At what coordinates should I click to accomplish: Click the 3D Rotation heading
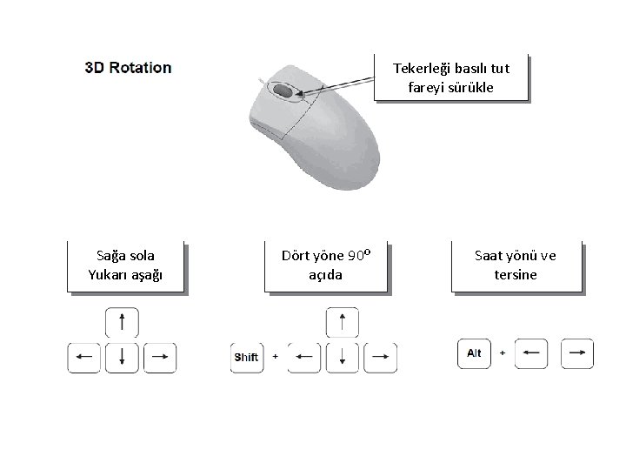tap(128, 67)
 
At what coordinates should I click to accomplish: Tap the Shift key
tap(246, 357)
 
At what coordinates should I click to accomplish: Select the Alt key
tap(474, 353)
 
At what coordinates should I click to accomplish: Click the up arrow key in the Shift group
tap(343, 322)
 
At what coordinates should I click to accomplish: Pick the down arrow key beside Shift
tap(343, 357)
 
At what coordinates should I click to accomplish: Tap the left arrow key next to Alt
tap(534, 353)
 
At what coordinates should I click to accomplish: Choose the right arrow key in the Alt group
tap(577, 353)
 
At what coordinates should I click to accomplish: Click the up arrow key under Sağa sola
tap(122, 322)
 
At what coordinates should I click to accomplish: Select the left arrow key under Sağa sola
tap(84, 357)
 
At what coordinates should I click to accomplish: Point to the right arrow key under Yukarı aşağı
tap(159, 357)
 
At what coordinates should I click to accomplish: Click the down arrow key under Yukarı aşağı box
tap(122, 357)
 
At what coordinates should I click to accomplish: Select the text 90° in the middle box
tap(359, 256)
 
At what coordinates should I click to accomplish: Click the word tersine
tap(516, 274)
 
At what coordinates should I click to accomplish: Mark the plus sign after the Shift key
tap(276, 357)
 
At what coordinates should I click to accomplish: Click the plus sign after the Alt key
tap(503, 353)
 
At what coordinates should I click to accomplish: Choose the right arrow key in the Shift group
tap(380, 357)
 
